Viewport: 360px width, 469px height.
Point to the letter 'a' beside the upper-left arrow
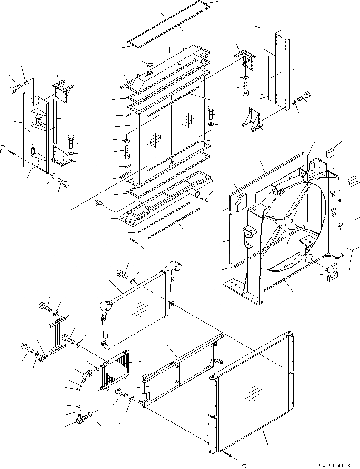[x=3, y=150]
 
